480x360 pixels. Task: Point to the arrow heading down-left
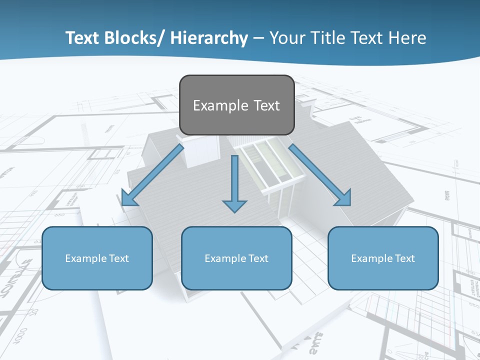(x=152, y=175)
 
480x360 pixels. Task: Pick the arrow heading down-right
(x=320, y=175)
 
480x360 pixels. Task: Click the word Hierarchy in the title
(x=209, y=38)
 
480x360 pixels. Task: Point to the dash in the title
(x=258, y=38)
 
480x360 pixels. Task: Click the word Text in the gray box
(x=266, y=106)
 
